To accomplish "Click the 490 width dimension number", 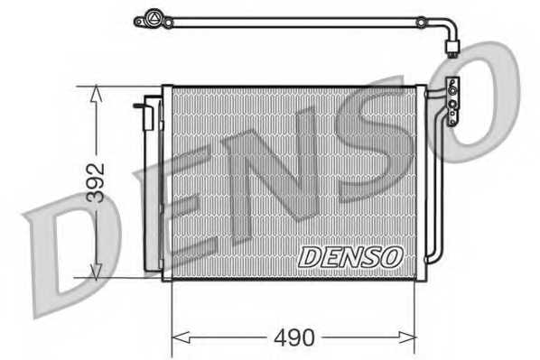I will pos(294,338).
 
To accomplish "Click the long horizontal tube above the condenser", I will pos(298,21).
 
